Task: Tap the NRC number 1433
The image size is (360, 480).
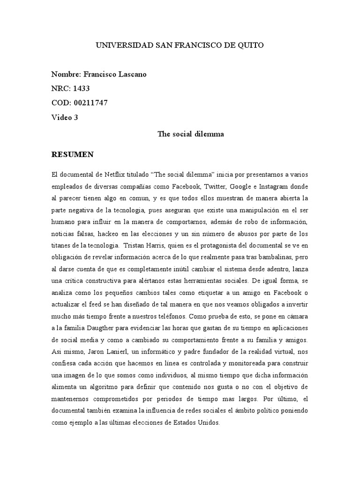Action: click(x=81, y=89)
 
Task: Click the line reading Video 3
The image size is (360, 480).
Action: click(x=65, y=117)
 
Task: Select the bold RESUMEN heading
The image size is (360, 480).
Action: click(x=73, y=154)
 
